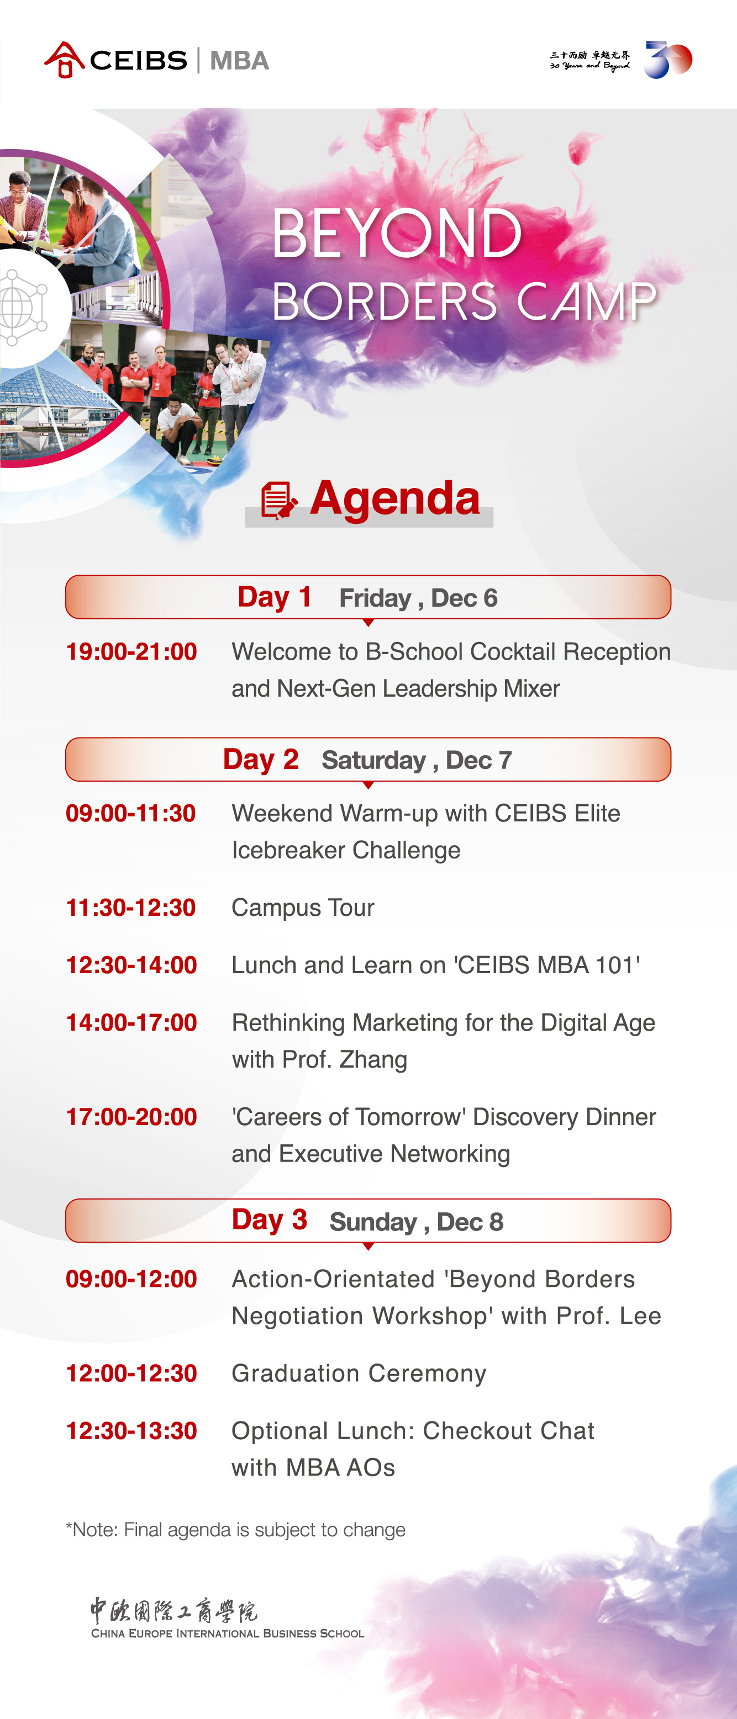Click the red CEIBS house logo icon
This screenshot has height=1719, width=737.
point(64,60)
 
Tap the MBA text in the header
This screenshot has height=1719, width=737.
point(239,61)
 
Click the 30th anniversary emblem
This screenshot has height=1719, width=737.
point(667,60)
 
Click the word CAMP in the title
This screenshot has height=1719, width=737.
point(586,301)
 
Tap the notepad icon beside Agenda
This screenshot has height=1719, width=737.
point(278,500)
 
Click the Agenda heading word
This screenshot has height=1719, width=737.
point(394,498)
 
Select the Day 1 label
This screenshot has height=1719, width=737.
point(275,597)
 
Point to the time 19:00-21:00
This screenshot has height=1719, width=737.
point(131,651)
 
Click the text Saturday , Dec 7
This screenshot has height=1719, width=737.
point(417,760)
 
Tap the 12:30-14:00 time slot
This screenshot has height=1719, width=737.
point(131,965)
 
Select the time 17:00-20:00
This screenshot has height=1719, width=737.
point(131,1116)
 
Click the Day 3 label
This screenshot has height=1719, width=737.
point(269,1220)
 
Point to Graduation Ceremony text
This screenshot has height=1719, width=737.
point(359,1373)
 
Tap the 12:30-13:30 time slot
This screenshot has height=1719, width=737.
point(131,1431)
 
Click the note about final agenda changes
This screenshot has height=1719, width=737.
point(236,1530)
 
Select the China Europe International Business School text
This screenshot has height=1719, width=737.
point(228,1633)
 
